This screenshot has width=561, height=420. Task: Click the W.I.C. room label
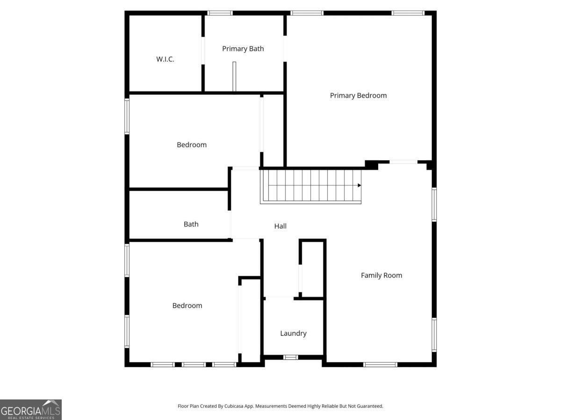point(165,59)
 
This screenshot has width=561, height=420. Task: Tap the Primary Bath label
point(243,49)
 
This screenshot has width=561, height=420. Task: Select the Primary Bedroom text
point(358,95)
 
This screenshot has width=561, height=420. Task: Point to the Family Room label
point(381,275)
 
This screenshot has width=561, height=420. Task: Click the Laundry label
point(293,334)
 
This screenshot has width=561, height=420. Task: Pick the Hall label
point(280,226)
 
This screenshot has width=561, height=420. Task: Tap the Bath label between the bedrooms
point(191,224)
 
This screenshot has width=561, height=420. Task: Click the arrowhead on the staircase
point(359,185)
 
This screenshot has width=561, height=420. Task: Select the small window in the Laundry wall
point(290,357)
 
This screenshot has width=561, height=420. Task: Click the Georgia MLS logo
point(31,410)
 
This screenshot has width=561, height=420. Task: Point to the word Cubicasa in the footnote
point(234,406)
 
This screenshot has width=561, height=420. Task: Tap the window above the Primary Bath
point(220,13)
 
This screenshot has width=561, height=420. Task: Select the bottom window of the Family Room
point(380,364)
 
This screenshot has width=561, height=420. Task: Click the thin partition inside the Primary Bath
point(234,76)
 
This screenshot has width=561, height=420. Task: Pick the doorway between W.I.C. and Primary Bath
point(203,50)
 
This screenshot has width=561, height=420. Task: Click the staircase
point(310,186)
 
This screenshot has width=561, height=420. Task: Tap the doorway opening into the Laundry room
point(280,298)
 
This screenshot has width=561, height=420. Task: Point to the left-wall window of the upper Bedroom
point(127,116)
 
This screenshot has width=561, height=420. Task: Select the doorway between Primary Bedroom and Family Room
point(403,162)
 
